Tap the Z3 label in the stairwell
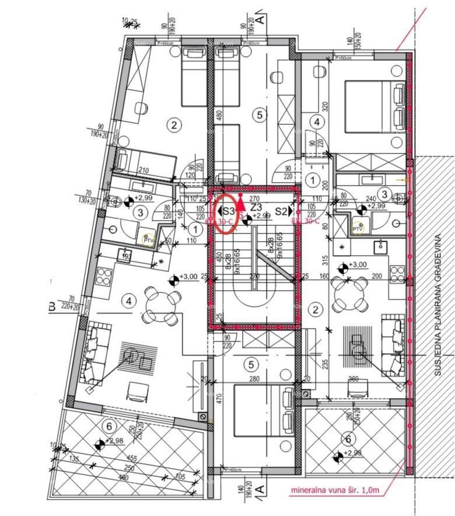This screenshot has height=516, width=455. (256, 207)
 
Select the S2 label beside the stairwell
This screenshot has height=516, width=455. (282, 211)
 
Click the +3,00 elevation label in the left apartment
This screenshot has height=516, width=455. (188, 277)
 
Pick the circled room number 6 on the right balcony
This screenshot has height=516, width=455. (348, 439)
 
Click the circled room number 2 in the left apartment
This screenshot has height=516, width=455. (173, 124)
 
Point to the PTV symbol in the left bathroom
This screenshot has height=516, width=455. (149, 239)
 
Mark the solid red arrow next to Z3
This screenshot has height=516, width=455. (241, 210)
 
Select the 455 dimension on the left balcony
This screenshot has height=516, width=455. (132, 459)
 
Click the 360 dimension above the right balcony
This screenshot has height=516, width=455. (353, 379)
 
